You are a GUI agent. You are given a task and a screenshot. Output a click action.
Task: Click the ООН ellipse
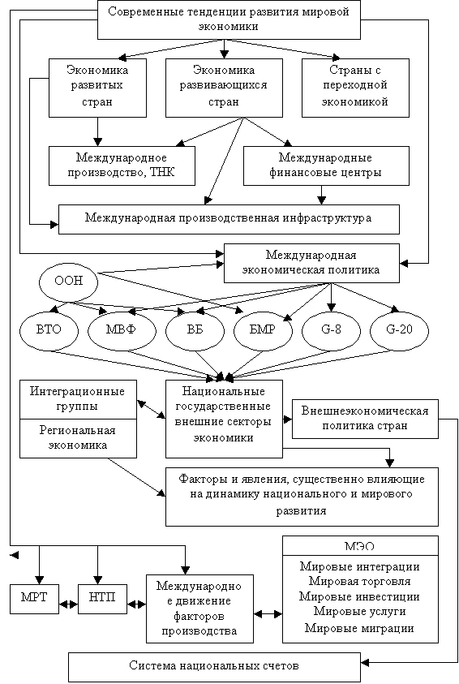click(x=69, y=281)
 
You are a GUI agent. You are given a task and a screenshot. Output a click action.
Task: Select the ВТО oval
click(x=49, y=329)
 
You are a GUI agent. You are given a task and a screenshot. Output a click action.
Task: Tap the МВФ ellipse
click(x=122, y=329)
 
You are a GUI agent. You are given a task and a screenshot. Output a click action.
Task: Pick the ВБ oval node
click(x=195, y=329)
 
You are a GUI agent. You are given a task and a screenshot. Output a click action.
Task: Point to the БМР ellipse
click(x=263, y=329)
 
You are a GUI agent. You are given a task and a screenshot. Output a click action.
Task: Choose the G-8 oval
click(x=331, y=329)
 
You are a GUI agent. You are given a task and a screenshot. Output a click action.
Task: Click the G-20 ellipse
click(x=399, y=329)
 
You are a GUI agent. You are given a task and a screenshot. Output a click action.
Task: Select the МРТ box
click(x=34, y=599)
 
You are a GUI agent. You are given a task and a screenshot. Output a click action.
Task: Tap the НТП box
click(x=102, y=599)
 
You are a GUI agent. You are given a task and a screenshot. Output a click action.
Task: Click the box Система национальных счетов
click(x=214, y=667)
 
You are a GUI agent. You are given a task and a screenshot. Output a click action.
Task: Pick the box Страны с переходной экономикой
click(x=355, y=88)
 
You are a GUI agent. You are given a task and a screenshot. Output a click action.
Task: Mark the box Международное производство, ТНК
click(x=122, y=166)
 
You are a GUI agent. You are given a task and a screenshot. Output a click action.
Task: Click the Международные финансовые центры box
click(x=326, y=166)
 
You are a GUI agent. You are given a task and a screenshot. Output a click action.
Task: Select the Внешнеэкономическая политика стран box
click(x=365, y=419)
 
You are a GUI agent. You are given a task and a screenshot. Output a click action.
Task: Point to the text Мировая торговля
click(x=360, y=582)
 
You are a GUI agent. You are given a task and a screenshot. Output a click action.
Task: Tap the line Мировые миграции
click(x=359, y=629)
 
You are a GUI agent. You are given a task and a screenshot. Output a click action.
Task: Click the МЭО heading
click(x=360, y=547)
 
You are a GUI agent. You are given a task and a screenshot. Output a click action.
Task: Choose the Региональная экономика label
click(x=78, y=438)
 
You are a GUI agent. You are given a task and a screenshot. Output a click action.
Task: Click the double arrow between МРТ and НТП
click(x=68, y=604)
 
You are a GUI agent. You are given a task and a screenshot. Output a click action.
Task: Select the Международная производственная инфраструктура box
click(x=229, y=219)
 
